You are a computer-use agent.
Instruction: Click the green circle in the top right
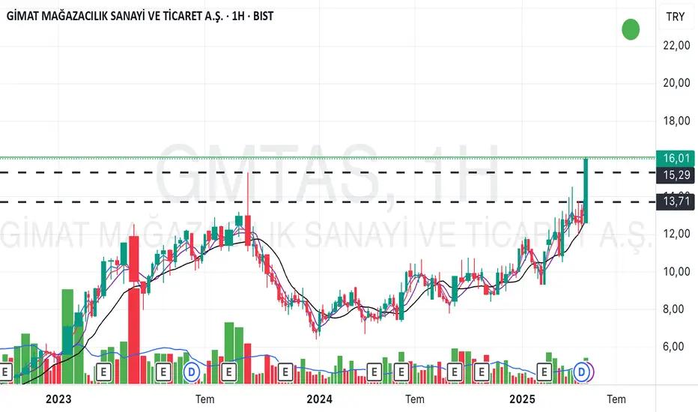(x=631, y=30)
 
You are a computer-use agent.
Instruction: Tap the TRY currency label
(x=676, y=16)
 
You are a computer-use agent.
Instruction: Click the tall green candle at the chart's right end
(x=586, y=191)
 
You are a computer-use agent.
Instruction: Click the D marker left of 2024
(x=192, y=370)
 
